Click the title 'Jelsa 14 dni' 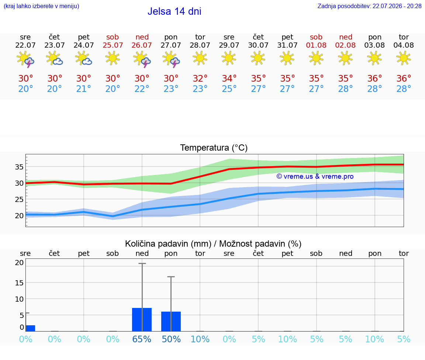tap(174, 11)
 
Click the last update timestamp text tap(369, 6)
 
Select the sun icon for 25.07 tap(113, 58)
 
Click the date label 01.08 tap(316, 45)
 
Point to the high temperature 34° tap(229, 78)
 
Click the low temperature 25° tap(229, 89)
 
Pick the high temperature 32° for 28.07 tap(200, 78)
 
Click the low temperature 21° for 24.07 tap(83, 89)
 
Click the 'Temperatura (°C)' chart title tap(214, 148)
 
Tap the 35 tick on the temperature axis tap(19, 167)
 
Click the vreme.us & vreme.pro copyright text tap(315, 176)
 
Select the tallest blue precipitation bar tap(142, 320)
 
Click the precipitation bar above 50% tap(171, 322)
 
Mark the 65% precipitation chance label tap(142, 339)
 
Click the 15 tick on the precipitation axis tap(19, 283)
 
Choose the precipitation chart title tap(213, 244)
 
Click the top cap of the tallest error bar tap(142, 263)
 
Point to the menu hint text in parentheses tap(41, 6)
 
